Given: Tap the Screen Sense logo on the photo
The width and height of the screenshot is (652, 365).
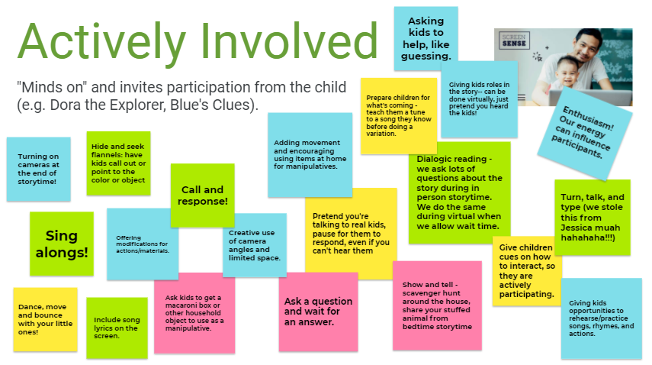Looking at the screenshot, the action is (514, 40).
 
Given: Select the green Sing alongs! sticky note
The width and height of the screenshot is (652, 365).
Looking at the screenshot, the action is (62, 244).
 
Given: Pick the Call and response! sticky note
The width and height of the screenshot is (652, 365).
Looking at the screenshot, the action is (203, 195).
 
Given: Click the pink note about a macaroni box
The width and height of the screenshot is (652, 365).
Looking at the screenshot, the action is (194, 313).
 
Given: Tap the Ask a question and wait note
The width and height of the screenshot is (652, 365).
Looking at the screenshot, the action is (319, 312).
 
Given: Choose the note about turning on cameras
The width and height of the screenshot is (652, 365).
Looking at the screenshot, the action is (39, 169).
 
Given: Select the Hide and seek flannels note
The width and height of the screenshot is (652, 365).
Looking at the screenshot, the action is (118, 163).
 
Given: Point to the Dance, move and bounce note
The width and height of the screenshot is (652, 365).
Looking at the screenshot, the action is (45, 319).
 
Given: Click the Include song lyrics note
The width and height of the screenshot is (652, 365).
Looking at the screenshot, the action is (117, 328).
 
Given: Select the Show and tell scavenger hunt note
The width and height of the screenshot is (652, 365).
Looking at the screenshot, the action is (438, 305).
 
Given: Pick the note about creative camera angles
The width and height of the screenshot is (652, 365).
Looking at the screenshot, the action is (255, 246).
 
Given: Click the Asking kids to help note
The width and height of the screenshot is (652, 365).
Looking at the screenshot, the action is (426, 38).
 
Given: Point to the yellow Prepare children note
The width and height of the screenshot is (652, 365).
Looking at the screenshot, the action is (399, 116).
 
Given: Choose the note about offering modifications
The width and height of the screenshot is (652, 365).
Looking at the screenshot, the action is (143, 244).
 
